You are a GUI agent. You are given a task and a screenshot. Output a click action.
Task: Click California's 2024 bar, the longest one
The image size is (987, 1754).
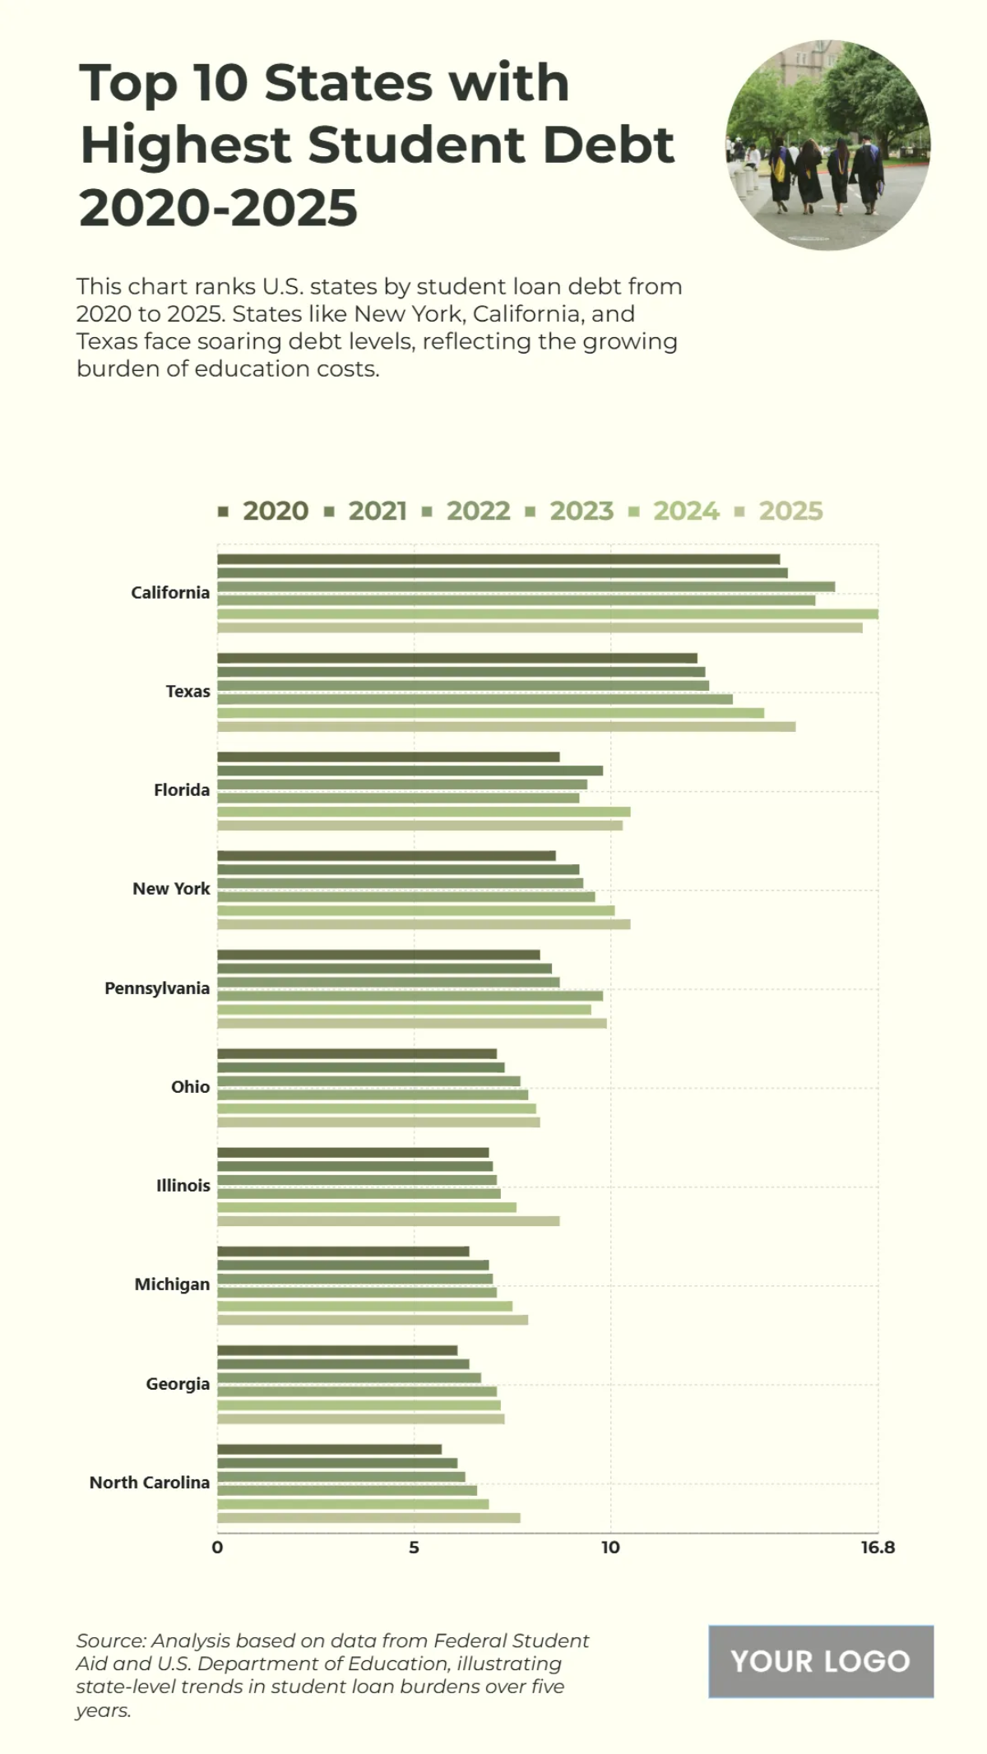pos(547,613)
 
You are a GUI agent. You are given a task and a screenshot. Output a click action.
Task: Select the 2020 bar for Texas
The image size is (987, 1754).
pos(456,658)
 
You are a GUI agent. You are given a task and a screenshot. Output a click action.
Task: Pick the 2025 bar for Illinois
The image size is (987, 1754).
pos(388,1221)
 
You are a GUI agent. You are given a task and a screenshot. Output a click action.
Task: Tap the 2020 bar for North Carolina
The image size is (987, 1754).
pos(329,1449)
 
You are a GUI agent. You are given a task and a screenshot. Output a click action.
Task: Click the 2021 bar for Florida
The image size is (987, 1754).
pos(410,771)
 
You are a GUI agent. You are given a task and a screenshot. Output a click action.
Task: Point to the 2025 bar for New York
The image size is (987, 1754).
pos(424,924)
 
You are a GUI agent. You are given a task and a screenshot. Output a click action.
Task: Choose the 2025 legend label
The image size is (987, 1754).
pos(790,511)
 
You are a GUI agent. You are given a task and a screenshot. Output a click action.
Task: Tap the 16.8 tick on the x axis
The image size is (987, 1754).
pos(878,1548)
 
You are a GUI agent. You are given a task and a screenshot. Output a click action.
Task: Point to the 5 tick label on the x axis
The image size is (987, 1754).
pos(414,1548)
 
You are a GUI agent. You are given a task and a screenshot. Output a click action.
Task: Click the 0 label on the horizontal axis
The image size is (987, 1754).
pos(217,1548)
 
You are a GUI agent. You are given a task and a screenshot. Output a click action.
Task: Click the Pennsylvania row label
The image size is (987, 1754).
pos(157,988)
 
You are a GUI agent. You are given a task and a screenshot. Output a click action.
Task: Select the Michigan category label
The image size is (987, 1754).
pos(172,1284)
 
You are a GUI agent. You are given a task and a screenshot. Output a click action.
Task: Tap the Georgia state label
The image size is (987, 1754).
pos(178,1383)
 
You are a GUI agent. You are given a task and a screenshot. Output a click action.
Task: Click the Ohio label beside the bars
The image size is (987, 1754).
pos(190,1086)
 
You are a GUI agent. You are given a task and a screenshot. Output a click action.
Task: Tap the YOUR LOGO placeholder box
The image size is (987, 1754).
pos(820,1661)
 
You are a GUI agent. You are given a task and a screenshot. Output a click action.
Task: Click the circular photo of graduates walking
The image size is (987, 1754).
pos(827,146)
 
